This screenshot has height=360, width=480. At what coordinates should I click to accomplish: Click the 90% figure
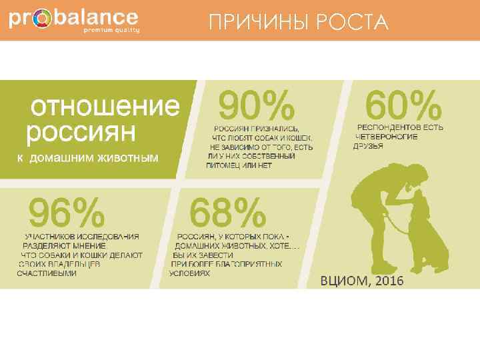(x=257, y=107)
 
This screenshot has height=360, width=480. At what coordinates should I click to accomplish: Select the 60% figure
(x=405, y=106)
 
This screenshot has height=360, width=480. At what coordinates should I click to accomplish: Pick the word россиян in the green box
(x=81, y=131)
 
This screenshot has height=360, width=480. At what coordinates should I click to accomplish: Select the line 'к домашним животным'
(x=87, y=158)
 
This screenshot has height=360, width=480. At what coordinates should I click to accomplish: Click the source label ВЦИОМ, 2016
(x=363, y=281)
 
